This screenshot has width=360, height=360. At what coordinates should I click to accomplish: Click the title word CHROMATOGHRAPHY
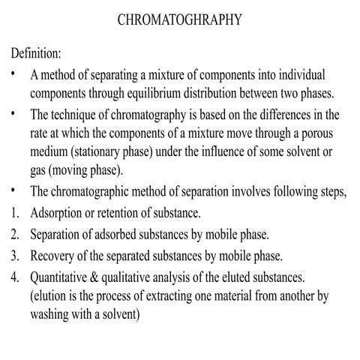180,20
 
